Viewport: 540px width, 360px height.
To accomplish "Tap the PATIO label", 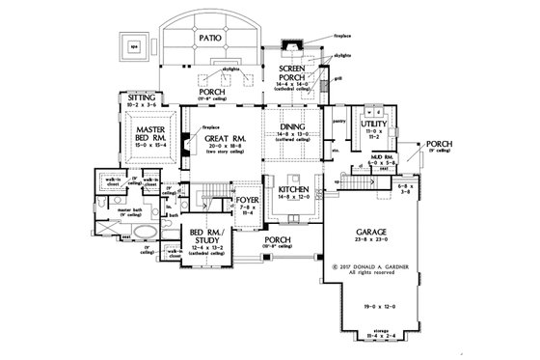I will coord(214,38).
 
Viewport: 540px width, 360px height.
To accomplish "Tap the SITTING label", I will coord(131,97).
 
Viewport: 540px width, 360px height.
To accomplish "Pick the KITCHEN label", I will coord(291,191).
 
